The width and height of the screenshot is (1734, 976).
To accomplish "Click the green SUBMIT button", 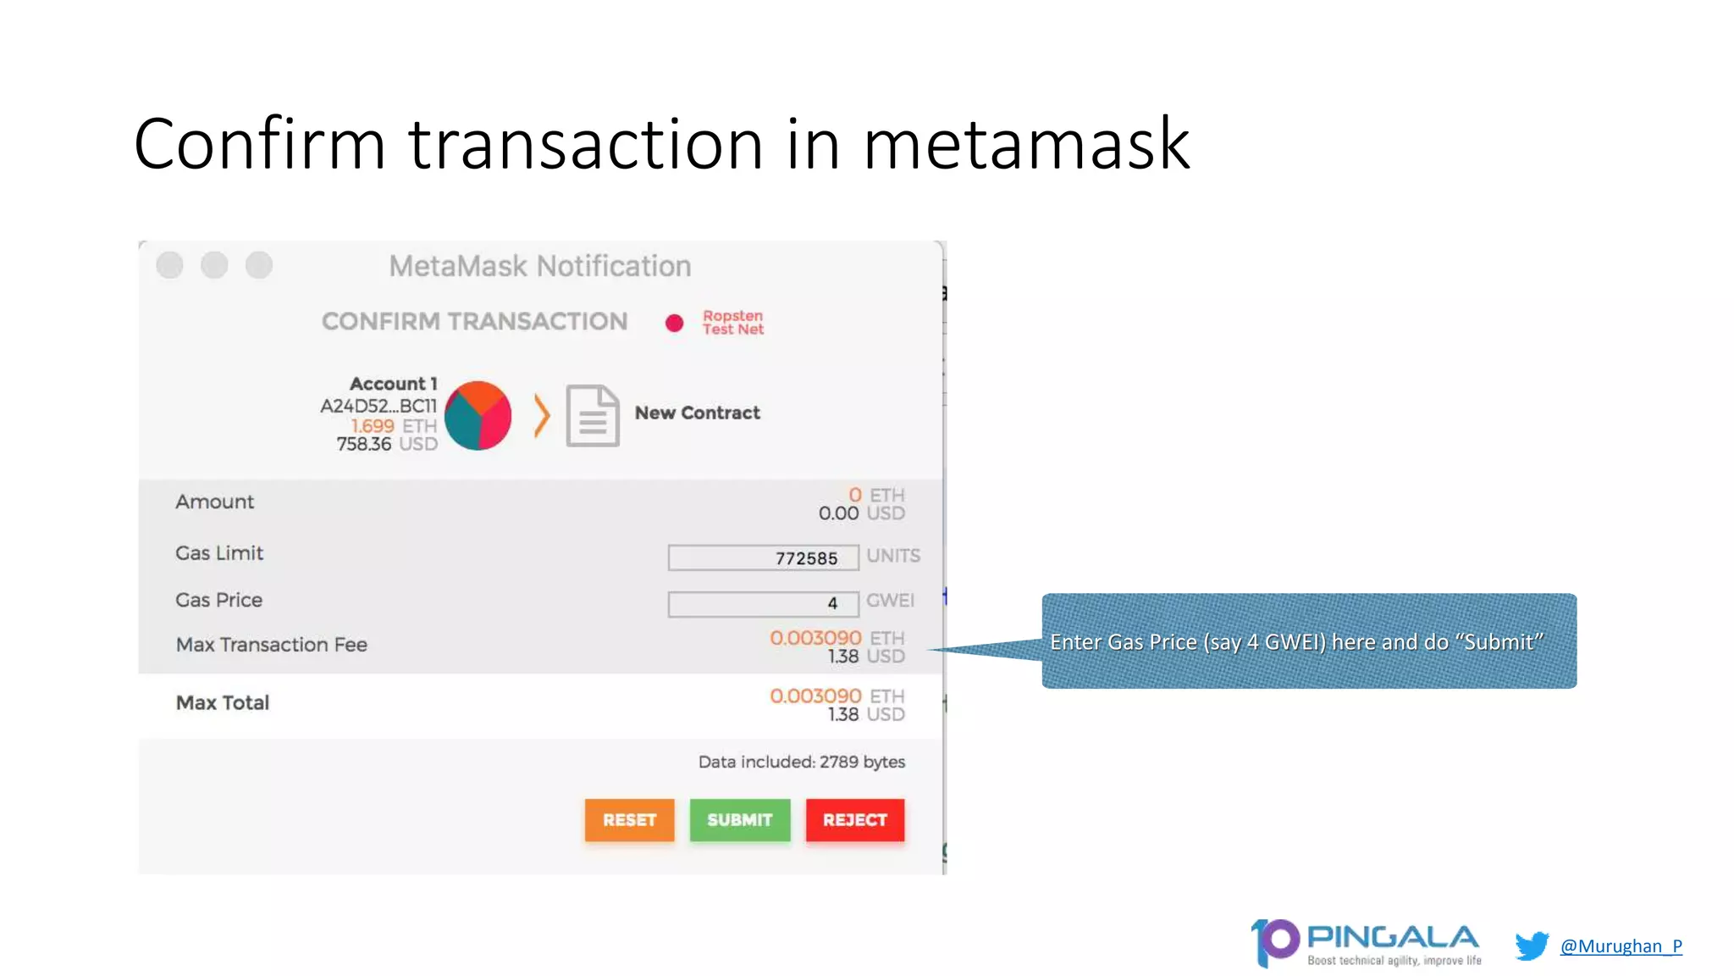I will (x=739, y=819).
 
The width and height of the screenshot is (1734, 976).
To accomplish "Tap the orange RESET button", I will (x=629, y=819).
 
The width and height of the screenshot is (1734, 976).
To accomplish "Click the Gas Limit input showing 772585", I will (x=763, y=557).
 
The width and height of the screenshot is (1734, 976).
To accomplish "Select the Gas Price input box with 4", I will (x=763, y=603).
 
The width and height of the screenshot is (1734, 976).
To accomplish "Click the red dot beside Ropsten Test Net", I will (x=674, y=323).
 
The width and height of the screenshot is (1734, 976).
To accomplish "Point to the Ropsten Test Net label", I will (x=732, y=322).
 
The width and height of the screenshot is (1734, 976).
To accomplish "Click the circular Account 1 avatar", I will (x=478, y=415).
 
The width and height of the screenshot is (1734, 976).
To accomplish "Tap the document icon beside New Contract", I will (x=592, y=415).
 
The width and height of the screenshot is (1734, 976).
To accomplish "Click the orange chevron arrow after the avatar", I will (x=542, y=415).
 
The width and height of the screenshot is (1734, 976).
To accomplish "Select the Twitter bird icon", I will (x=1532, y=945).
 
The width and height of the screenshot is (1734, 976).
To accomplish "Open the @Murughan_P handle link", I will (x=1621, y=945).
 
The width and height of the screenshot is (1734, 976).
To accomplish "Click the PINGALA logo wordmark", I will (x=1392, y=938).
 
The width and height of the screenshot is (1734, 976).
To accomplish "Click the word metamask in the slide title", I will (x=1025, y=144).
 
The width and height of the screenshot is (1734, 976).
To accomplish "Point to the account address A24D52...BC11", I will (x=378, y=406).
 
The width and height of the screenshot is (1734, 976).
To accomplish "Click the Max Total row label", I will (x=223, y=702).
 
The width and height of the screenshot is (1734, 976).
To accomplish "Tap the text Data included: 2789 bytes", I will (x=801, y=762).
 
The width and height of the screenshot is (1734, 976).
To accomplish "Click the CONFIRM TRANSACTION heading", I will (x=474, y=321).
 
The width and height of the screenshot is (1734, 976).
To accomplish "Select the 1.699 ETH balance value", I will (x=393, y=425).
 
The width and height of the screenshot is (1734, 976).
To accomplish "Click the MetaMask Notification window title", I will (x=539, y=266).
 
